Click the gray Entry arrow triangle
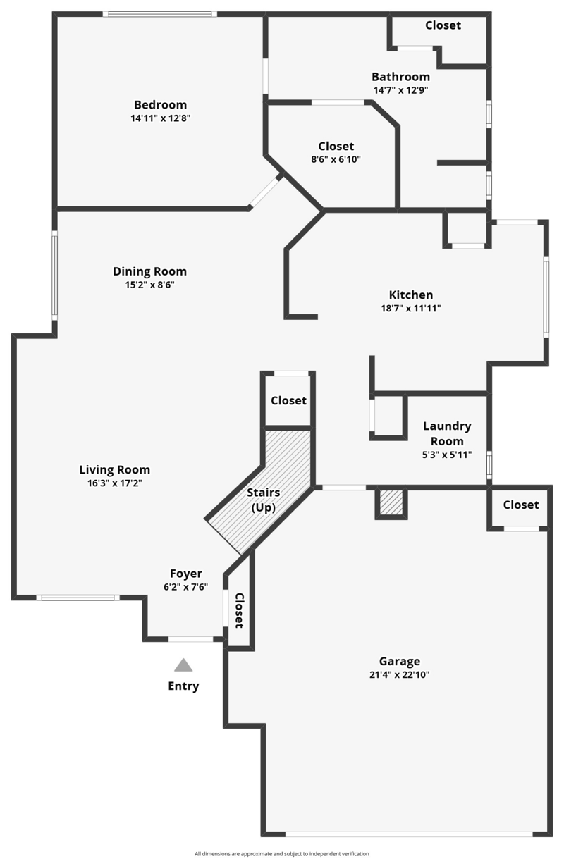[x=183, y=665]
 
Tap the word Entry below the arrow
[x=183, y=686]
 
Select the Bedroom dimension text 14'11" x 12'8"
[x=160, y=118]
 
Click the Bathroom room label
[x=400, y=77]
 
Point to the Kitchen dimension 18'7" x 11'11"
[x=410, y=309]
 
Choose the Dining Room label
[x=149, y=271]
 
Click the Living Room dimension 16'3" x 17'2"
[x=115, y=483]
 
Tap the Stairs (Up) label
[x=263, y=500]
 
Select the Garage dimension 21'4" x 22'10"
[x=400, y=675]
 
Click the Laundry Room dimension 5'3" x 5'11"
[x=447, y=455]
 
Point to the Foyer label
[x=185, y=574]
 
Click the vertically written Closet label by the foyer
[x=239, y=610]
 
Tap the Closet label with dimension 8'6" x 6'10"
[x=336, y=146]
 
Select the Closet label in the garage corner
[x=521, y=505]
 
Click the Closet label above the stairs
[x=288, y=401]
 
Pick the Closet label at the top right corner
[x=443, y=25]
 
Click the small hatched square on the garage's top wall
[x=391, y=502]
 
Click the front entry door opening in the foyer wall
[x=190, y=639]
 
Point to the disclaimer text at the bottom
[x=281, y=854]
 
